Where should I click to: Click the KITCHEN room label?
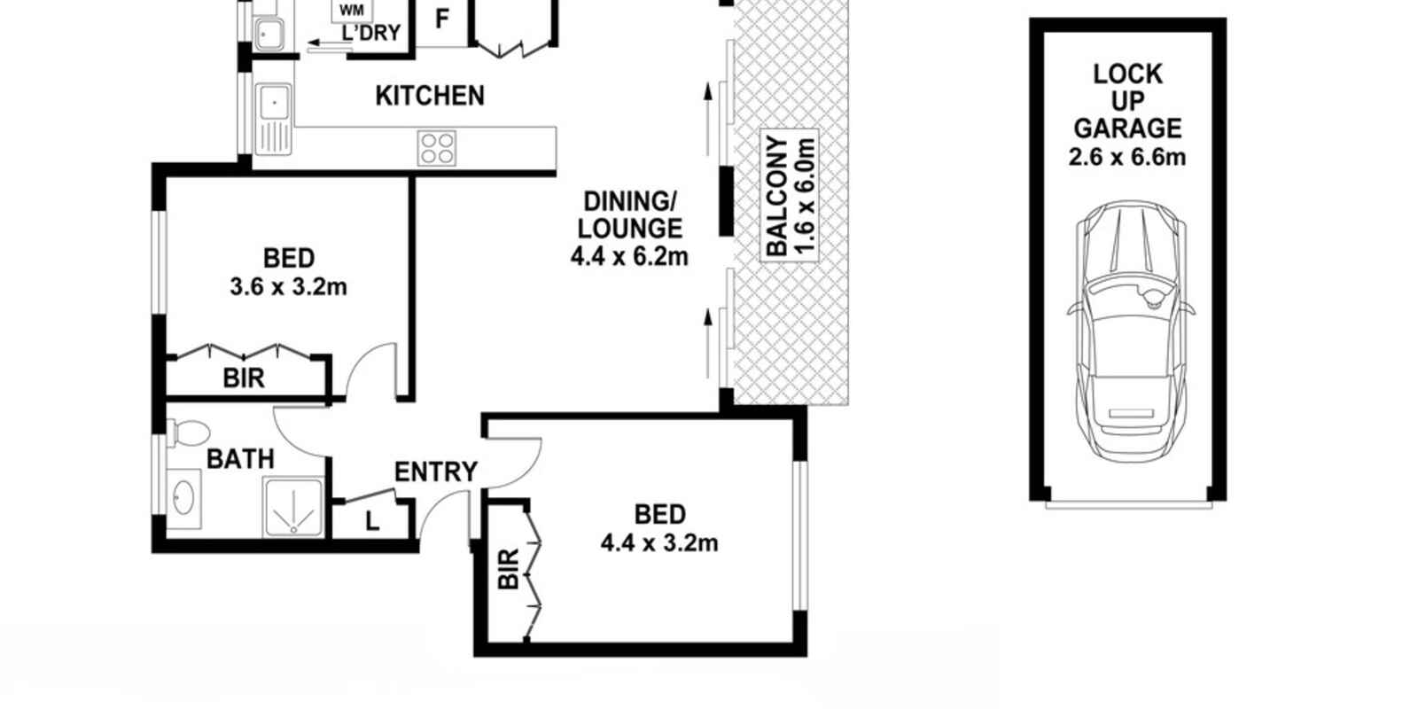430,96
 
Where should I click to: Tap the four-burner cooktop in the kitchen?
437,148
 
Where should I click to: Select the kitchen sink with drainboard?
274,120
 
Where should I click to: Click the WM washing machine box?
352,10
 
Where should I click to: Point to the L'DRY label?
371,33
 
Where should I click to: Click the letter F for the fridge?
442,19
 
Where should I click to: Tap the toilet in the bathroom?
189,433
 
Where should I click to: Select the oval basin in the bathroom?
184,497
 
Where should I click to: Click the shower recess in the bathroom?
293,508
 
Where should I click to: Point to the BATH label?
240,459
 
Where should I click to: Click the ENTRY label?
435,471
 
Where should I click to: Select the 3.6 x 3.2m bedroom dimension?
289,287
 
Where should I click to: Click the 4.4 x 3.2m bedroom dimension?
659,543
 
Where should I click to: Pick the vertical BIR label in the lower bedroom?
509,569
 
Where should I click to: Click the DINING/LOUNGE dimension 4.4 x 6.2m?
629,257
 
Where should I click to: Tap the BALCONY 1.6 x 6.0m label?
790,196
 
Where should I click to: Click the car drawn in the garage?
1131,331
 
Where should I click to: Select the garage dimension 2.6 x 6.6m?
1127,157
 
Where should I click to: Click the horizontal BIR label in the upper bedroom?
244,378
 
